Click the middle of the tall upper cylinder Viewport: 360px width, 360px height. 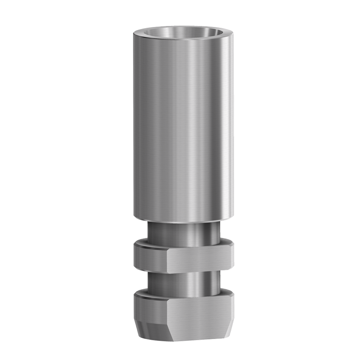pyautogui.click(x=183, y=127)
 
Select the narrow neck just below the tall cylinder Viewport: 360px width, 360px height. pyautogui.click(x=183, y=230)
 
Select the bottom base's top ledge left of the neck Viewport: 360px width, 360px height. pyautogui.click(x=142, y=292)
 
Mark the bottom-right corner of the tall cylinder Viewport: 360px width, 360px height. pyautogui.click(x=233, y=218)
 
